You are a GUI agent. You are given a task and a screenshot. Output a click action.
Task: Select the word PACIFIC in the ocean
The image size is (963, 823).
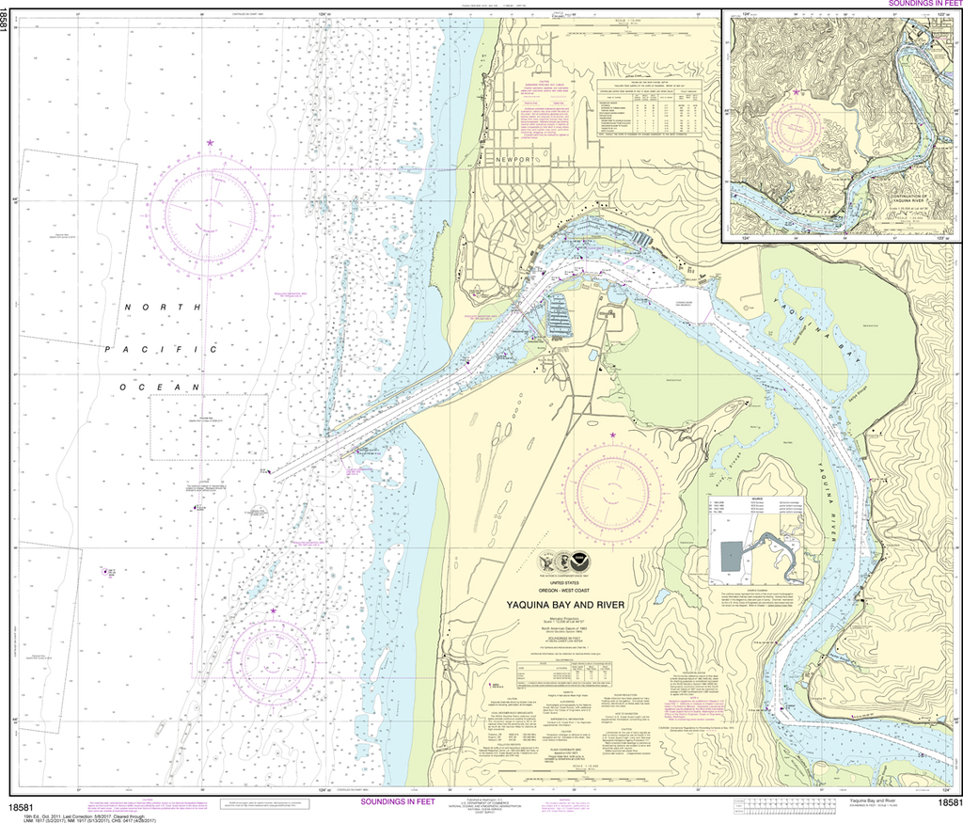[x=160, y=349]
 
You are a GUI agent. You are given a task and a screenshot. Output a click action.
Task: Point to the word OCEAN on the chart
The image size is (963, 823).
[x=160, y=388]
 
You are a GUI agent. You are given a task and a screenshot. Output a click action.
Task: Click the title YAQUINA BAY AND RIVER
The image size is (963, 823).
[x=565, y=605]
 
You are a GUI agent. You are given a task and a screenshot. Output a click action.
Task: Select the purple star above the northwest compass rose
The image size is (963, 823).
[x=211, y=143]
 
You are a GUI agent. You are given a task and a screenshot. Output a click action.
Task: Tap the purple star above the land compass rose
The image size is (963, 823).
[x=614, y=435]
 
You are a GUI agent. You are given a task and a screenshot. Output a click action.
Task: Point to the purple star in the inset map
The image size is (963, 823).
[x=797, y=92]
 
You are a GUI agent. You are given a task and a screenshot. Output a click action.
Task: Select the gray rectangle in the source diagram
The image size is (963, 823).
[x=733, y=558]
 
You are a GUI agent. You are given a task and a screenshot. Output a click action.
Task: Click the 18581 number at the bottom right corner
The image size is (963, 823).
[x=948, y=802]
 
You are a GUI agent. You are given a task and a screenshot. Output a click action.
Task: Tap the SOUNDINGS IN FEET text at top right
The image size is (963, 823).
[x=921, y=4]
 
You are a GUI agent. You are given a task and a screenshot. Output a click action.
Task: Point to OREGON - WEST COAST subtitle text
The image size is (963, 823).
[x=565, y=591]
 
